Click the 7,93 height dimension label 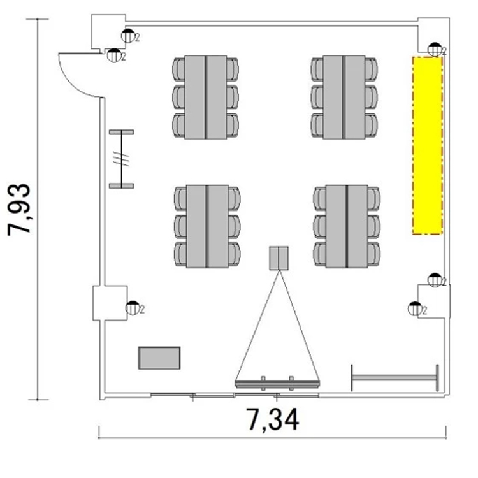click(x=19, y=210)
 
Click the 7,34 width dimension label click(x=273, y=420)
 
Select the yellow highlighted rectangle click(x=428, y=145)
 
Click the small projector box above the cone click(x=279, y=258)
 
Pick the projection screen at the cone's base click(x=277, y=383)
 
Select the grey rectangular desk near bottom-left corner click(x=159, y=358)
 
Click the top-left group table click(x=206, y=98)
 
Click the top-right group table click(x=344, y=98)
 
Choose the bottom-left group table click(x=207, y=226)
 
